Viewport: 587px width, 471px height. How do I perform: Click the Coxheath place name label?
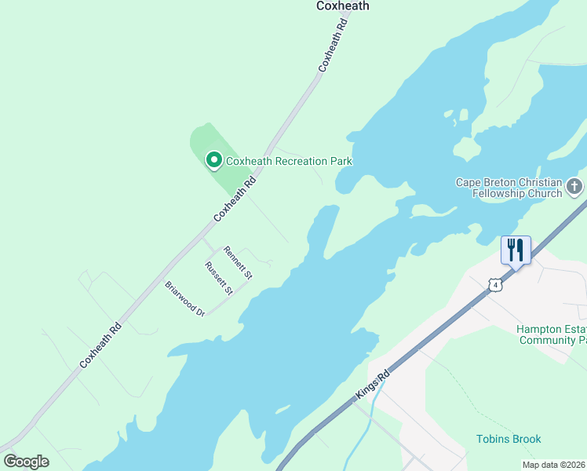[342, 6]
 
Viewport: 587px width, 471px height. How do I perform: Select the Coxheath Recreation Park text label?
[289, 161]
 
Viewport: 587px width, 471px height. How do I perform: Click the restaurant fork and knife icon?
[516, 250]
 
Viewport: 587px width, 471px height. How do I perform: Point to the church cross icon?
[574, 187]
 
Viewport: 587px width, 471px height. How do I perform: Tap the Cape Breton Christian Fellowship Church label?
[509, 188]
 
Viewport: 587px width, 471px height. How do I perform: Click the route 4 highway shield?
[494, 285]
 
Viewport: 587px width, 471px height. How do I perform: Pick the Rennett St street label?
[237, 263]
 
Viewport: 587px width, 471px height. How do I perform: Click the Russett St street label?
[219, 279]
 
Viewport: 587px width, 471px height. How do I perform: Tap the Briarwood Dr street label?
[185, 299]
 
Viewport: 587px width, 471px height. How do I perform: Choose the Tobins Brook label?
[509, 439]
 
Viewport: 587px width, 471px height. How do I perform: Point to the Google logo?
[26, 462]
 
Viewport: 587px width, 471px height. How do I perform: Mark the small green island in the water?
[466, 148]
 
